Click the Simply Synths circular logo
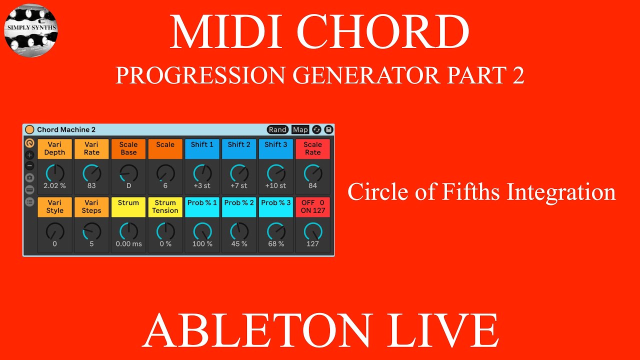coord(31,30)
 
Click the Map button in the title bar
coord(300,129)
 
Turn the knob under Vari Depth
coord(54,173)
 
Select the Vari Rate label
coord(91,148)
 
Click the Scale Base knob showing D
coord(128,173)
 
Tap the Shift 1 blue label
coord(202,148)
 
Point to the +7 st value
coord(239,186)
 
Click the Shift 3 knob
coord(276,173)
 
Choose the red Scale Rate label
coord(312,148)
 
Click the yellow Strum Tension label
coord(165,206)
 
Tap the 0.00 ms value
coord(128,244)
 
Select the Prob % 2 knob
coord(239,231)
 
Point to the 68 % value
coord(276,244)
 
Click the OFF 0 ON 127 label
coord(312,206)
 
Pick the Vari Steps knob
coord(91,231)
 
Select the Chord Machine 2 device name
coord(66,129)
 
